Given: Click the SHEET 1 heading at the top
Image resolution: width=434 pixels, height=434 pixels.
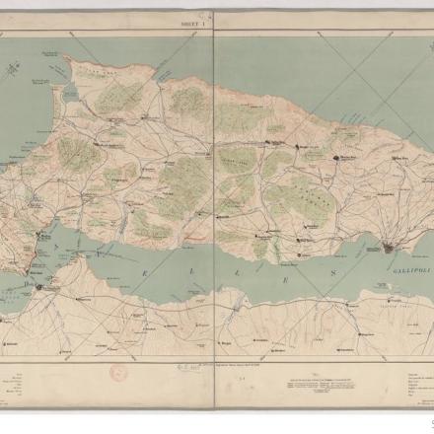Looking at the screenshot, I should tap(193, 22).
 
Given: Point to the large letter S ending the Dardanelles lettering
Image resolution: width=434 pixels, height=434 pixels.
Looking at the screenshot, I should tap(333, 273).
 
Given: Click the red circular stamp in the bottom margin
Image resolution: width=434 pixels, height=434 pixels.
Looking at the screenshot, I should tap(118, 374).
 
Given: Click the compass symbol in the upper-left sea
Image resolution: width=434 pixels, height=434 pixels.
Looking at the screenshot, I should tap(13, 69).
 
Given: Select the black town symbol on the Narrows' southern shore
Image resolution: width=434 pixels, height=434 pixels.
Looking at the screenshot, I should tap(39, 287).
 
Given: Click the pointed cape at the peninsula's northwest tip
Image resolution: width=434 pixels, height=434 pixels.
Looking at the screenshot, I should tap(65, 58).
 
